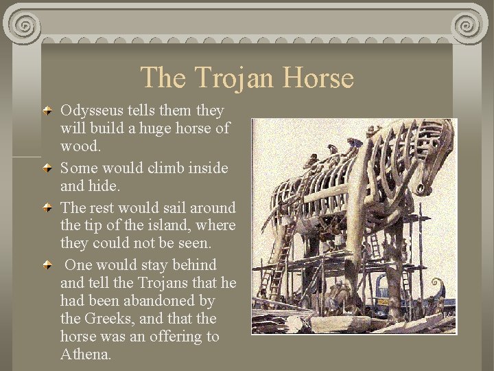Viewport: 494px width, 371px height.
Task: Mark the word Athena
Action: click(85, 355)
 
